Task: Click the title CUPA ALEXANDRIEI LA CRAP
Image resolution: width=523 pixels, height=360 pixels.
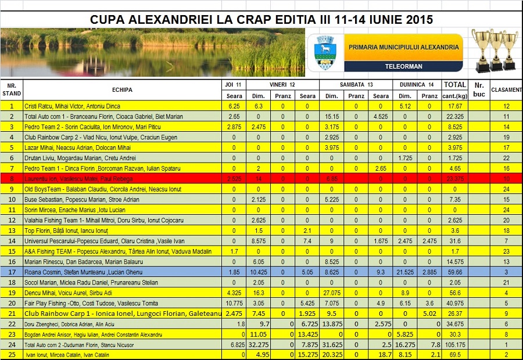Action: pos(261,19)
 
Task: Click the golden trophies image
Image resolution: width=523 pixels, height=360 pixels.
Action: pos(494,51)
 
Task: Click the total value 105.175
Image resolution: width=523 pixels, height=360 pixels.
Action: pos(455,344)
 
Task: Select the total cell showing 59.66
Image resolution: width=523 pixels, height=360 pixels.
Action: pos(455,271)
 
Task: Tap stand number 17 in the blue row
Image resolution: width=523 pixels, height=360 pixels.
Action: pos(12,271)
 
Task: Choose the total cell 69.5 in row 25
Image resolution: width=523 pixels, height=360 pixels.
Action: pos(455,354)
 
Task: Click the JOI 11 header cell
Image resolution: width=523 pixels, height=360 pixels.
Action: pos(235,84)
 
